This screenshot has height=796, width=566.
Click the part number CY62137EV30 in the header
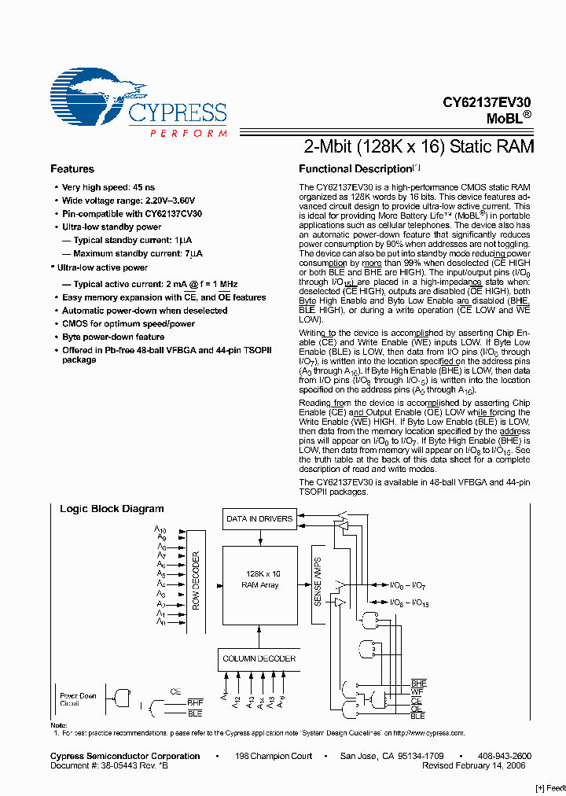click(x=487, y=102)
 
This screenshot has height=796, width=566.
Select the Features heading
click(x=72, y=169)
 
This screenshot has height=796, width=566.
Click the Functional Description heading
click(x=356, y=169)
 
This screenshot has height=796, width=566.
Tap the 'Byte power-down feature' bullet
click(x=113, y=337)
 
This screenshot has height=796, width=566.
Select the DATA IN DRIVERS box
click(x=259, y=519)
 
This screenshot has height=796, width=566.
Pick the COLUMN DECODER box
click(x=259, y=658)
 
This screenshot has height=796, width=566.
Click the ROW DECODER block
click(x=197, y=580)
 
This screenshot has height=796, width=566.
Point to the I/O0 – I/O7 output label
click(x=409, y=585)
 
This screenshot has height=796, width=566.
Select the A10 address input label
click(x=160, y=530)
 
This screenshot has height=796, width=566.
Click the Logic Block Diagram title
click(x=112, y=509)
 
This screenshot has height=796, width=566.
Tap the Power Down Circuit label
click(x=78, y=699)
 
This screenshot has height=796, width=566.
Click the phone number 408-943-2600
click(x=505, y=756)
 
